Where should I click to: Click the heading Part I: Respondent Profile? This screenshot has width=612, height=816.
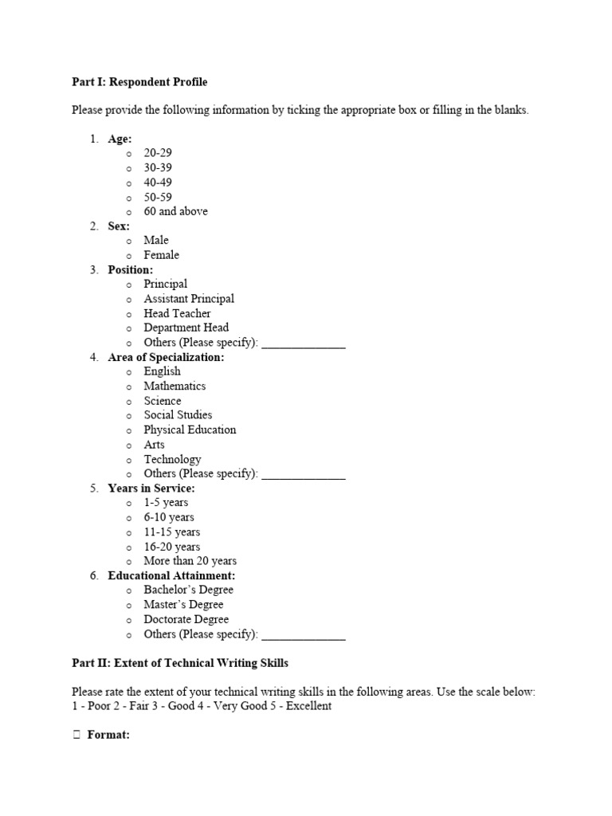pyautogui.click(x=139, y=81)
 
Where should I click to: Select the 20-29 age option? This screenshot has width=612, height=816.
pyautogui.click(x=158, y=153)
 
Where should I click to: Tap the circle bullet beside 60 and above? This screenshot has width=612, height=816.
pyautogui.click(x=128, y=212)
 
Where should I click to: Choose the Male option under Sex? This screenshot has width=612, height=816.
pyautogui.click(x=156, y=240)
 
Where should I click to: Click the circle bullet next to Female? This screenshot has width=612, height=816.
pyautogui.click(x=128, y=256)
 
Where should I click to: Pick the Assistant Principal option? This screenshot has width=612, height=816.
pyautogui.click(x=189, y=299)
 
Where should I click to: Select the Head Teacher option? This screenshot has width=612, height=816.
pyautogui.click(x=177, y=313)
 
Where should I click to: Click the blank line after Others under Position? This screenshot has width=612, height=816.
pyautogui.click(x=304, y=343)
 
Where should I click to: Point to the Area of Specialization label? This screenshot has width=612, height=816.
pyautogui.click(x=166, y=357)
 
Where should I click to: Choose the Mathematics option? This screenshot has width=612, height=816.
pyautogui.click(x=175, y=386)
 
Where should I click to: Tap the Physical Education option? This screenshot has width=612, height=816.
pyautogui.click(x=190, y=430)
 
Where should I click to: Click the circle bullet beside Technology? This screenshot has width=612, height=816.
pyautogui.click(x=128, y=460)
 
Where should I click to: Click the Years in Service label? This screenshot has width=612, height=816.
pyautogui.click(x=151, y=488)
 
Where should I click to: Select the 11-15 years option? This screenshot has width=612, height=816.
pyautogui.click(x=171, y=532)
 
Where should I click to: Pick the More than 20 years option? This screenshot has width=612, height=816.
pyautogui.click(x=190, y=561)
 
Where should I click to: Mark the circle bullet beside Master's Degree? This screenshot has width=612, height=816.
pyautogui.click(x=128, y=606)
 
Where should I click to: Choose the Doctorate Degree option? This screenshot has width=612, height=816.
pyautogui.click(x=186, y=619)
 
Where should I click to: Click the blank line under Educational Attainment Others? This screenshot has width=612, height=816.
pyautogui.click(x=304, y=636)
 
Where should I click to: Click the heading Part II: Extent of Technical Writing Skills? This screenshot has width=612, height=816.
pyautogui.click(x=180, y=663)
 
